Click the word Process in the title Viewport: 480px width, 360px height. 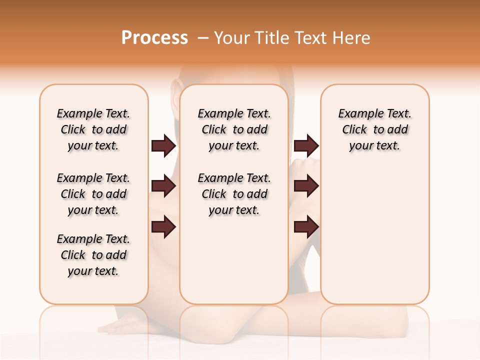154,38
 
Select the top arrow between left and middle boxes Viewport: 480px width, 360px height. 163,145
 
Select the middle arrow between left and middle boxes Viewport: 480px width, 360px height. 163,186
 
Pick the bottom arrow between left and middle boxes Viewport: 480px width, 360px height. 163,227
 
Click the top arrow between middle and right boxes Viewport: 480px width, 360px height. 306,145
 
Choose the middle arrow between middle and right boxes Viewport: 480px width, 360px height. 306,186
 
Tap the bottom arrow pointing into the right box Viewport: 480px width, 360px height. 306,227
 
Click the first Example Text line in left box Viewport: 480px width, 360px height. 93,113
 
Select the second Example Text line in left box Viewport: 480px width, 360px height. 93,178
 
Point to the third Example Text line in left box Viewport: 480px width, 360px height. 93,239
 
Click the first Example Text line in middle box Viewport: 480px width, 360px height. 234,113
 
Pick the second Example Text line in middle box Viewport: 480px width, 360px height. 234,178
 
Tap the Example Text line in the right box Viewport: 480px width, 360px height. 374,113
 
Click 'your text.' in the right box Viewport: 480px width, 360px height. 374,146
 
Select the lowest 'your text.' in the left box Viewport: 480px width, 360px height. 93,271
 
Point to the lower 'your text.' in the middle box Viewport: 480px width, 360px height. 234,210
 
